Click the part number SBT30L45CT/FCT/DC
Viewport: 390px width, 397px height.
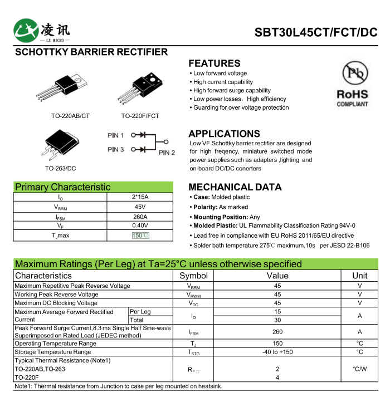pyautogui.click(x=315, y=32)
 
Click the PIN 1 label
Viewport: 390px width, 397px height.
pyautogui.click(x=116, y=135)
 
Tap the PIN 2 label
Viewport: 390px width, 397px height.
pyautogui.click(x=167, y=153)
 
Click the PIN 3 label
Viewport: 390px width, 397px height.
pyautogui.click(x=116, y=149)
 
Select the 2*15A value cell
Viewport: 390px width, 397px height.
pyautogui.click(x=140, y=197)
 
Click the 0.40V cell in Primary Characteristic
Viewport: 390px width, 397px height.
pyautogui.click(x=140, y=226)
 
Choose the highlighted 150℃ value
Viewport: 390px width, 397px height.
pyautogui.click(x=140, y=236)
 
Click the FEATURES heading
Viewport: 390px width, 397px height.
pyautogui.click(x=214, y=63)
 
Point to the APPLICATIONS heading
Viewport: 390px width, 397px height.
pyautogui.click(x=224, y=134)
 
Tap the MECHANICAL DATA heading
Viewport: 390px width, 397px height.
pyautogui.click(x=235, y=187)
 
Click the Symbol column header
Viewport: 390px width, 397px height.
pyautogui.click(x=193, y=276)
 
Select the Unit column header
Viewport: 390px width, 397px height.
pyautogui.click(x=359, y=276)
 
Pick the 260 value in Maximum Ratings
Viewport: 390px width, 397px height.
pyautogui.click(x=277, y=332)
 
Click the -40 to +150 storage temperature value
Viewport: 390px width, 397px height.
pyautogui.click(x=277, y=352)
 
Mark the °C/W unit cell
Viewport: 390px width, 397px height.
pyautogui.click(x=359, y=369)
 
